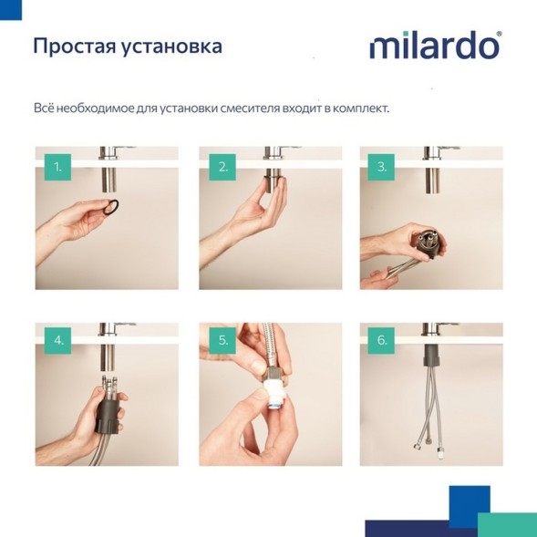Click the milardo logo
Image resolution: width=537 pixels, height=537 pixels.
[x=434, y=46]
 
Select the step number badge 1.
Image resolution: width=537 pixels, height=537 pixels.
[x=57, y=167]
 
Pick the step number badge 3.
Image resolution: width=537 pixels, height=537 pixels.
[x=382, y=167]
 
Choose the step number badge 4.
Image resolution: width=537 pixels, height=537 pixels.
[x=57, y=341]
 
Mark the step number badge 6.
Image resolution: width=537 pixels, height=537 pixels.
[x=382, y=341]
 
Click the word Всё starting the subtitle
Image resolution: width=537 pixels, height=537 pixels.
[x=44, y=108]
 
